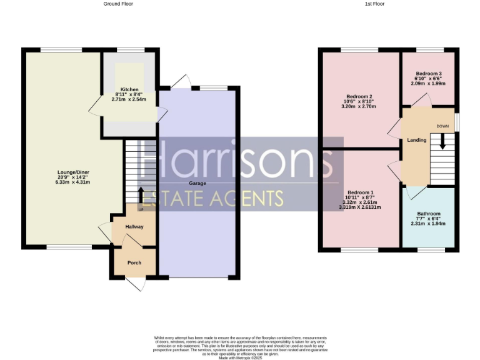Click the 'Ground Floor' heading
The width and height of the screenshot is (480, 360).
[118, 4]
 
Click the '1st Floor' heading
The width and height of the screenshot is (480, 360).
[374, 4]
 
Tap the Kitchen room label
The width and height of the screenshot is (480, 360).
[129, 89]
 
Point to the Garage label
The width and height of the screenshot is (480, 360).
[198, 184]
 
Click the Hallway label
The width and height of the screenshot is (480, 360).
[134, 227]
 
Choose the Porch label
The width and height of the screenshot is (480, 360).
[134, 262]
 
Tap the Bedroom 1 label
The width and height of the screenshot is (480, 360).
[360, 192]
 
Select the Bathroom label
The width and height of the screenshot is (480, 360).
[429, 214]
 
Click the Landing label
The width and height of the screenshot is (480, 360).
[416, 140]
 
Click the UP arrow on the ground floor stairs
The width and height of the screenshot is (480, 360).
[140, 194]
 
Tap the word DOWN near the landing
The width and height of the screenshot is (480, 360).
[442, 126]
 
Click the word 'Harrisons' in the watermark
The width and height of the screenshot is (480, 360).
[237, 161]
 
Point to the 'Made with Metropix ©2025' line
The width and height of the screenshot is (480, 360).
[240, 357]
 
